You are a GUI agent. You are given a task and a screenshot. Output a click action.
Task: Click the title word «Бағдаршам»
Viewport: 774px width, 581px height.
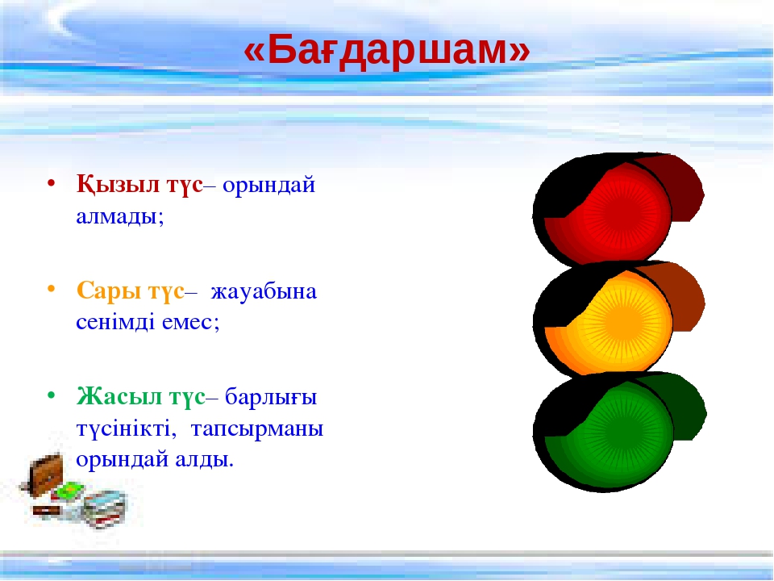(x=386, y=50)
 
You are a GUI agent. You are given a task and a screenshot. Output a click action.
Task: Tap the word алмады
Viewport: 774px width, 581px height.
(x=119, y=217)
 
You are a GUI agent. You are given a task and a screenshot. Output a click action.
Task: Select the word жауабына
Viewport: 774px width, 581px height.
(x=264, y=292)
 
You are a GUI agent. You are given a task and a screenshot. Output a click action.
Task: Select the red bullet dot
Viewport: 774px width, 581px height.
(x=51, y=184)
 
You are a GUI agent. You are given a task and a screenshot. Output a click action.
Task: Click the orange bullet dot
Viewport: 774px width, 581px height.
(x=51, y=290)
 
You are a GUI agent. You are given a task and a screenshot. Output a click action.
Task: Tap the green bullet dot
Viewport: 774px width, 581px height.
(x=51, y=395)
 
